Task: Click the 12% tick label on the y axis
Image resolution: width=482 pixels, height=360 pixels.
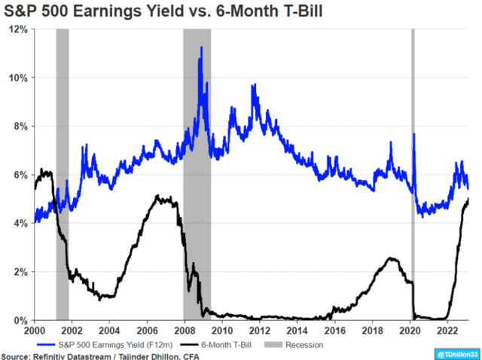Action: click(x=19, y=29)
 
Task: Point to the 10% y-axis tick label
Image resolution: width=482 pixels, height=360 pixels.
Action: click(x=19, y=78)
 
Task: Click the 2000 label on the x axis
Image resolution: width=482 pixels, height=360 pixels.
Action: click(x=34, y=330)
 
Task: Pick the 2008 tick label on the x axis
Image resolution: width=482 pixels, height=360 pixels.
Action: click(x=184, y=330)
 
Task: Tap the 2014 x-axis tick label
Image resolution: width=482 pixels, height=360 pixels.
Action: click(x=297, y=330)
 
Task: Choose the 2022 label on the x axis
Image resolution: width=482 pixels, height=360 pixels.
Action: click(x=447, y=330)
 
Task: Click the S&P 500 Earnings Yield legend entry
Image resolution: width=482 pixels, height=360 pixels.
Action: click(x=94, y=344)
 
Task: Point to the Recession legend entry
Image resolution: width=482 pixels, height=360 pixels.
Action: click(x=297, y=344)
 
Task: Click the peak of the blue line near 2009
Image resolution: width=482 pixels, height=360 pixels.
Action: click(x=200, y=47)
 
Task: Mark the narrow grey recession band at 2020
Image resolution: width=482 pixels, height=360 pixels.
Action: click(x=413, y=173)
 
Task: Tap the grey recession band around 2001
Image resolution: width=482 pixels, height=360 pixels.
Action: click(x=63, y=173)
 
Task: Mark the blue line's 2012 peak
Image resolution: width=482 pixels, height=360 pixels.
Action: click(x=254, y=85)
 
